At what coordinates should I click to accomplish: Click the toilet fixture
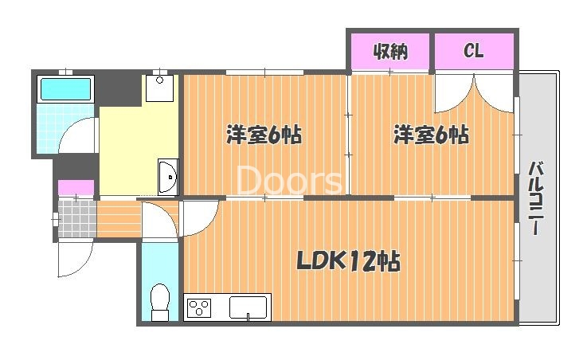coord(160,302)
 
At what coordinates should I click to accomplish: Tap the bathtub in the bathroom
coord(65,89)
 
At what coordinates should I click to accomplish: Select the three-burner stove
coord(199,307)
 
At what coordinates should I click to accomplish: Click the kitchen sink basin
coord(248,307)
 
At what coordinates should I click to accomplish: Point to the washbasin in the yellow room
coord(168,177)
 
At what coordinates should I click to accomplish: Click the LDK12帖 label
coord(348,261)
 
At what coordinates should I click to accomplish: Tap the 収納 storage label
coord(390,51)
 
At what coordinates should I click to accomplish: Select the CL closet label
coord(474,50)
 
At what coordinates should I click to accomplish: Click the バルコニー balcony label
coord(537,198)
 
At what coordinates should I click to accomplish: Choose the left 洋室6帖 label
coord(264,135)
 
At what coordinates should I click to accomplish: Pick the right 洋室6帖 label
coord(431,135)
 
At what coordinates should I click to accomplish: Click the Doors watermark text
coord(289,180)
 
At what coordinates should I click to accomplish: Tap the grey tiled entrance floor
coord(77,219)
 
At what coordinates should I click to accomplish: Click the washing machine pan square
coord(159,88)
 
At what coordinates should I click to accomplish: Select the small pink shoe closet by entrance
coord(76,187)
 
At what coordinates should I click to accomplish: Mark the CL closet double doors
coord(474,93)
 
